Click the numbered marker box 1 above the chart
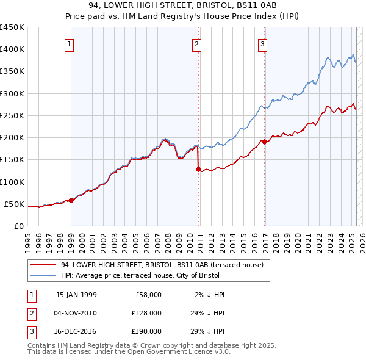click(x=70, y=44)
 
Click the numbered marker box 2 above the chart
click(x=197, y=44)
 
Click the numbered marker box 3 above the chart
click(x=262, y=44)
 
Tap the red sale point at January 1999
click(x=71, y=200)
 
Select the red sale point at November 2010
click(x=198, y=169)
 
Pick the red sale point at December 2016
click(x=264, y=142)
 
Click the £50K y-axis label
click(x=15, y=204)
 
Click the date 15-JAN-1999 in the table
click(x=76, y=295)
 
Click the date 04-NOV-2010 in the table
click(x=76, y=313)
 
